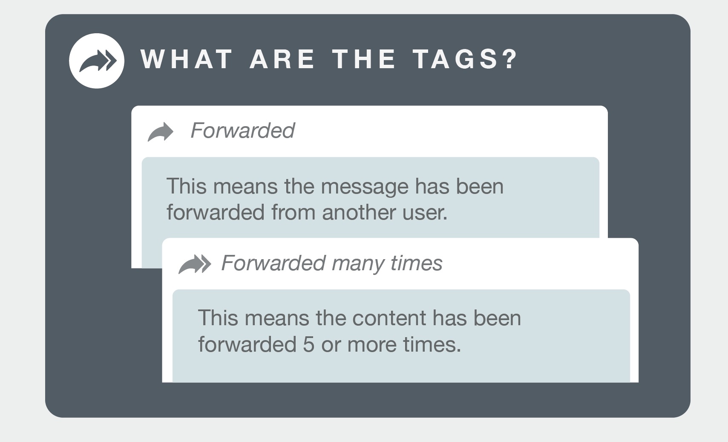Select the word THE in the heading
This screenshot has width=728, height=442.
click(x=364, y=59)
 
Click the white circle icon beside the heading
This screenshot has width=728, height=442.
click(x=97, y=61)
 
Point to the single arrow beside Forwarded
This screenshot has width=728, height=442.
click(x=161, y=132)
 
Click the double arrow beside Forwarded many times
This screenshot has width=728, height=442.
click(x=195, y=264)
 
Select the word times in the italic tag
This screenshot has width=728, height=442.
click(x=416, y=263)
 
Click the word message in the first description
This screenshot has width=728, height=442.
click(x=365, y=187)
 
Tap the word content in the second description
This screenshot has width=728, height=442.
click(x=389, y=318)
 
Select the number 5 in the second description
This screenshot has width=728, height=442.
click(x=309, y=344)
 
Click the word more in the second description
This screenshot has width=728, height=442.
click(x=372, y=345)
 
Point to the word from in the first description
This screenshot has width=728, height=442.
click(x=294, y=212)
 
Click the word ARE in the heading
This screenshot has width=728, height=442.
click(x=282, y=59)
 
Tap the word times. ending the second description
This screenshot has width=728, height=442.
click(x=432, y=344)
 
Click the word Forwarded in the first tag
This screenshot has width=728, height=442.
click(x=242, y=130)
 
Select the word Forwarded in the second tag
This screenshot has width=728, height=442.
click(x=273, y=263)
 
